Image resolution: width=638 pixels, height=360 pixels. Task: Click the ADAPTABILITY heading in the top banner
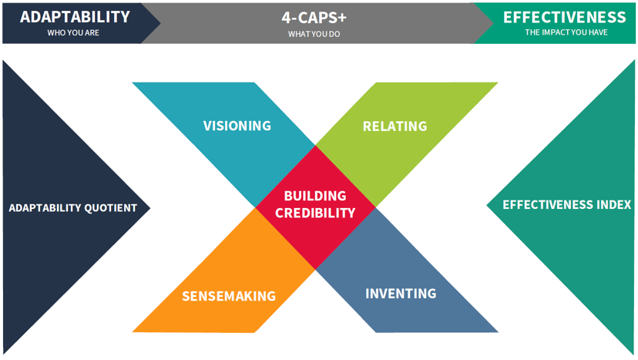click(75, 17)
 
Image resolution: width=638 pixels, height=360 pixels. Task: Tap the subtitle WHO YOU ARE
click(73, 32)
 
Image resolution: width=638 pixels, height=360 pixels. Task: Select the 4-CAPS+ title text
click(314, 18)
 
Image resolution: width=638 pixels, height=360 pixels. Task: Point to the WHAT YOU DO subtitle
click(314, 34)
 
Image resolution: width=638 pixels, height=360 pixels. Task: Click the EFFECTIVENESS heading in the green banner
click(565, 18)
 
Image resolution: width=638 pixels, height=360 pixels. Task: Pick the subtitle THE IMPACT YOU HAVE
click(566, 32)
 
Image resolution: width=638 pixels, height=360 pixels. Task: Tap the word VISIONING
click(237, 126)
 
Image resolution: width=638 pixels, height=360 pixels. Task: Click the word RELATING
click(395, 126)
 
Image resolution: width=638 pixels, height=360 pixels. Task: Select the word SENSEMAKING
click(229, 296)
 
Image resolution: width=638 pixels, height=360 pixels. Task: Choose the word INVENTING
click(401, 294)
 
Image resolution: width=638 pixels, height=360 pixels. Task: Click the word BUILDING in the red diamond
click(315, 196)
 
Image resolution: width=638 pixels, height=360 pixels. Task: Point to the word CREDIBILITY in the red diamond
click(315, 213)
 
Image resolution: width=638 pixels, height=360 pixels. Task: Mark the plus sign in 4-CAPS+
click(341, 18)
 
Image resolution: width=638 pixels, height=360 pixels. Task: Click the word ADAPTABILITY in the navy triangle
click(45, 208)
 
